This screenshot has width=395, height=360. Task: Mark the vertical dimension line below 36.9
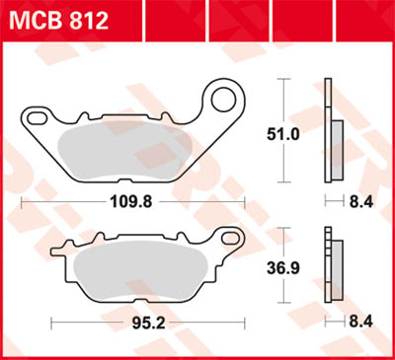coord(287,291)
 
